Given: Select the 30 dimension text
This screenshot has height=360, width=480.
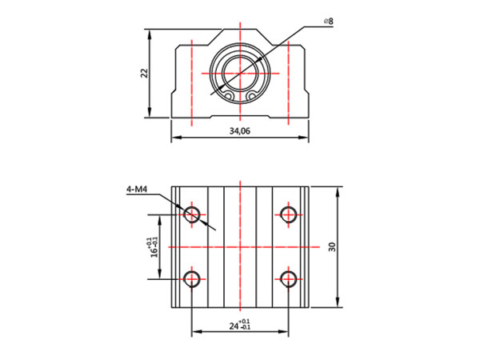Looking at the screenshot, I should click(331, 247).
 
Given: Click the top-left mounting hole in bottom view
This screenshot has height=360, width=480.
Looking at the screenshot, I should click(191, 214).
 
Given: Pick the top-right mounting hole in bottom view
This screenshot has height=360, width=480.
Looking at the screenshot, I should click(289, 214).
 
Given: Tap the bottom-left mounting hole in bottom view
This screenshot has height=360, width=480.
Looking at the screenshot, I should click(191, 278).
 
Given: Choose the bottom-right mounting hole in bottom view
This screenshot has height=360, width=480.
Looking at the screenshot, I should click(289, 278).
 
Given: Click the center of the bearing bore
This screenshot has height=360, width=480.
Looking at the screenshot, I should click(240, 73).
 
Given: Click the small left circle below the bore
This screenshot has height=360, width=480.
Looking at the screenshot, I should click(228, 97).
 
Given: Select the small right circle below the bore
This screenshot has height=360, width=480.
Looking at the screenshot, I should click(252, 97).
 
